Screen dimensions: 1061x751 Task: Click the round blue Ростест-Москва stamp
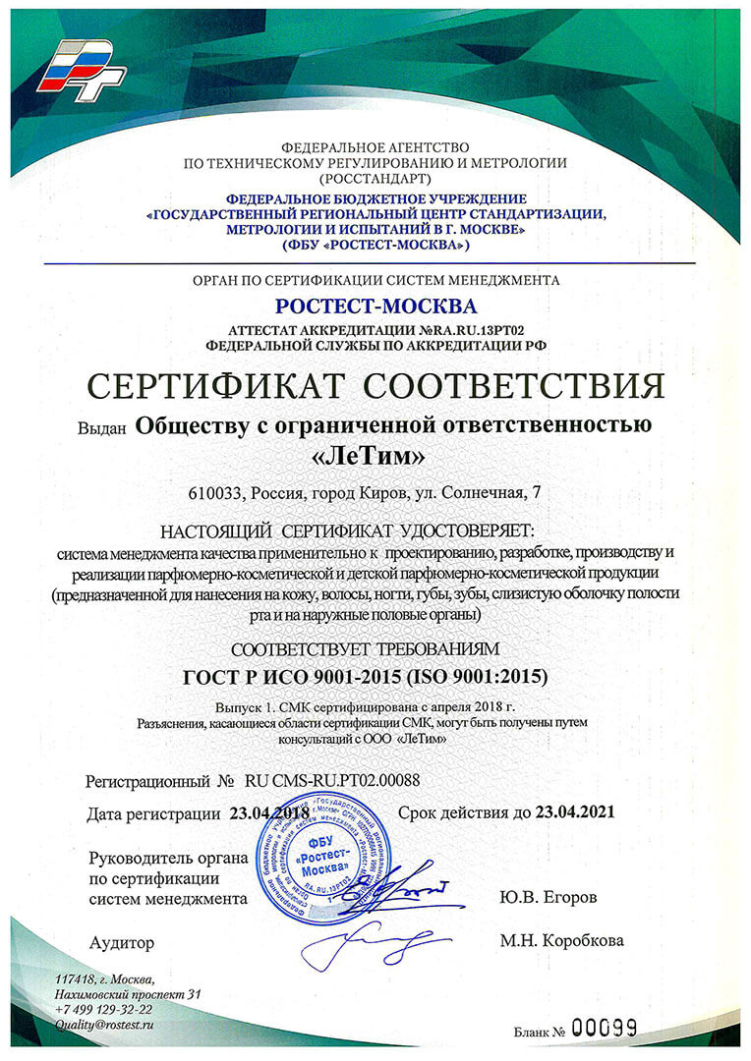point(320,864)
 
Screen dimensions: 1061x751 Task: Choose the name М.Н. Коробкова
point(560,940)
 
